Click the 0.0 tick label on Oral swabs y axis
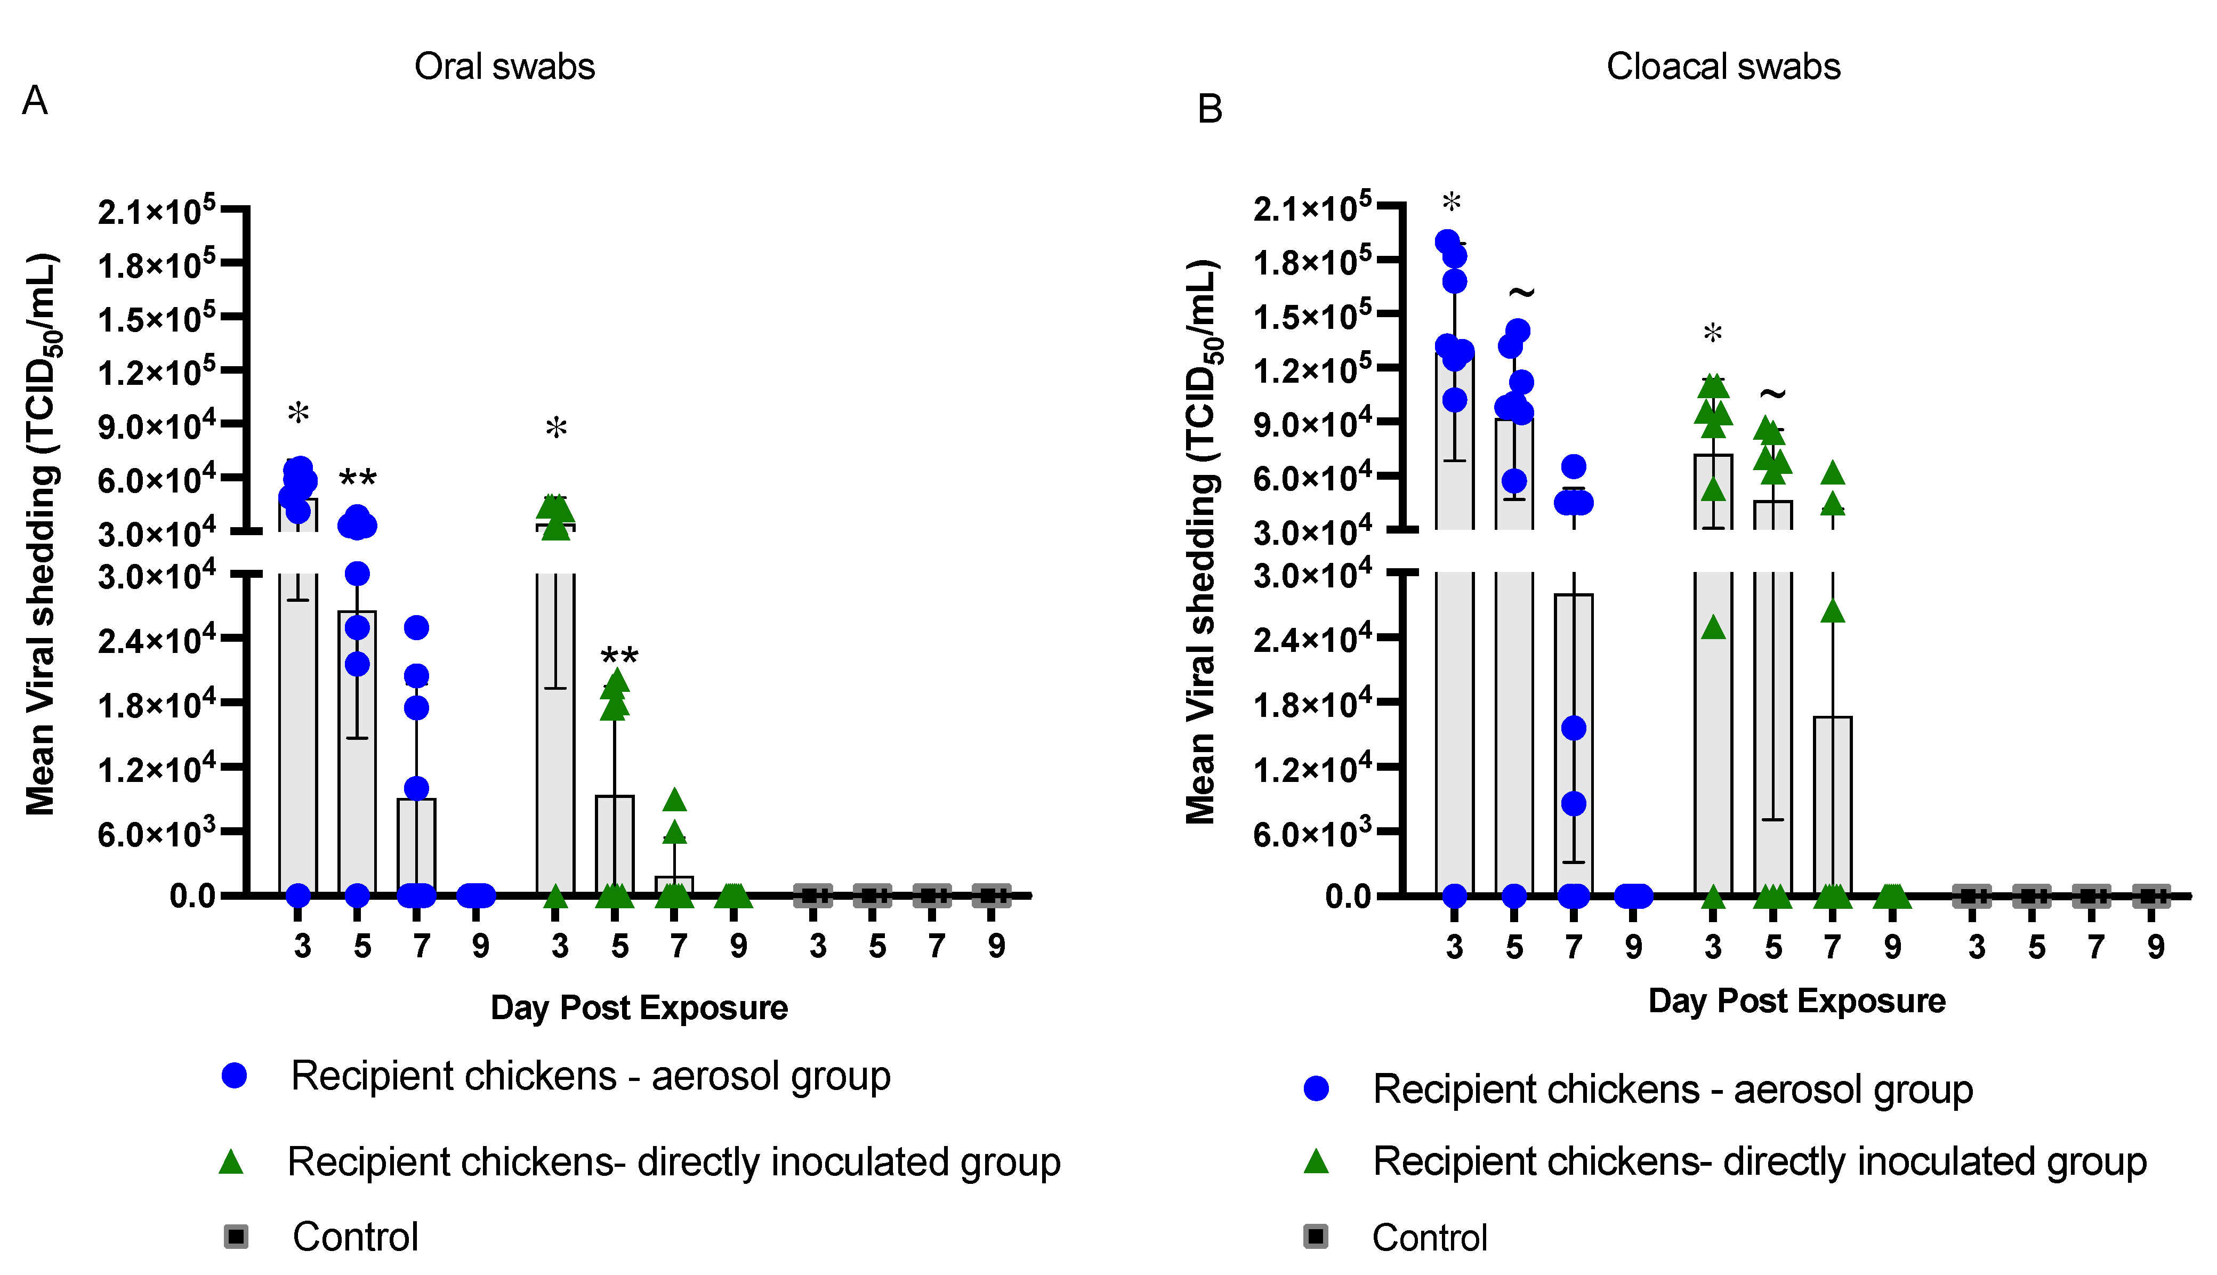coord(192,896)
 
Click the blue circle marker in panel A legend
coord(234,1075)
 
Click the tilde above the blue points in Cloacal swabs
coord(1522,292)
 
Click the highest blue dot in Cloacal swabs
coord(1447,241)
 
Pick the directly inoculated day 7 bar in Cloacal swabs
coord(1833,805)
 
